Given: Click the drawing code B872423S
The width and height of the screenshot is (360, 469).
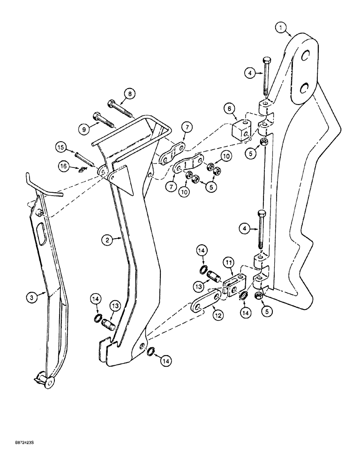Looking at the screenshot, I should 19,455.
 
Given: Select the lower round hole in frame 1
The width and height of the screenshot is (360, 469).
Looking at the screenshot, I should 304,88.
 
